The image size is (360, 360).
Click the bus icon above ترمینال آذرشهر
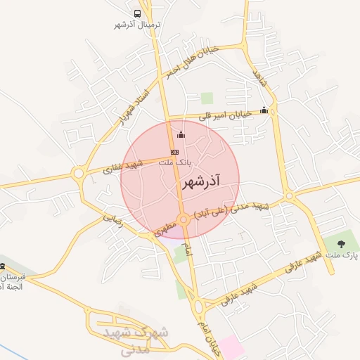pyautogui.click(x=137, y=13)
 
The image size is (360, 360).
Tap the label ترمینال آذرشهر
pyautogui.click(x=138, y=25)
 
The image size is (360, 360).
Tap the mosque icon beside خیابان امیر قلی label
pyautogui.click(x=264, y=110)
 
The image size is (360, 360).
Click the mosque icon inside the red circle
pyautogui.click(x=181, y=135)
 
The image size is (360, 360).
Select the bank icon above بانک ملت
pyautogui.click(x=174, y=152)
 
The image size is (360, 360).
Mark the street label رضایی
pyautogui.click(x=112, y=219)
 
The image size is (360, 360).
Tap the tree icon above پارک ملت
pyautogui.click(x=341, y=244)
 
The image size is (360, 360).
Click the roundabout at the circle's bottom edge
pyautogui.click(x=184, y=220)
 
